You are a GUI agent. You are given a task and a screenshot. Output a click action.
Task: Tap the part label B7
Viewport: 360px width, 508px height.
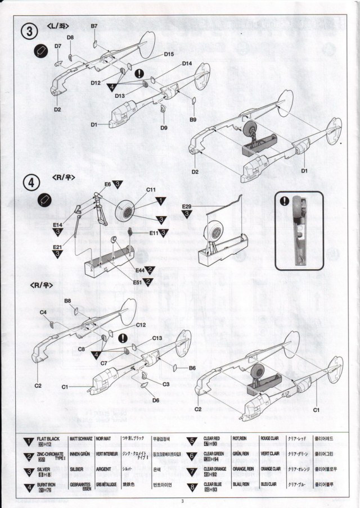click(94, 26)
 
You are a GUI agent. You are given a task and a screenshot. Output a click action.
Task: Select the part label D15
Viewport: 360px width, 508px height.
click(169, 54)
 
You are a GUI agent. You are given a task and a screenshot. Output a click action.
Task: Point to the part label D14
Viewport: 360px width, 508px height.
click(187, 63)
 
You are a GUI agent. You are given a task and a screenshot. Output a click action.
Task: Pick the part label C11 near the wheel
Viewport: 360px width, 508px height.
click(151, 190)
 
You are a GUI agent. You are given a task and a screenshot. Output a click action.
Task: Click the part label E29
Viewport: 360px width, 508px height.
click(187, 206)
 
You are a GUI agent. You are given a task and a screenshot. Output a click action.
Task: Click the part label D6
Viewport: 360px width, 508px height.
click(156, 400)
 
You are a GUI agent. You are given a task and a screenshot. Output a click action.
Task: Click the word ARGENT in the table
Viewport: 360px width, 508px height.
click(103, 469)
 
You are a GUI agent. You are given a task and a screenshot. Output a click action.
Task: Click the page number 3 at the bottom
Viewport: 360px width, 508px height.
click(182, 502)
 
